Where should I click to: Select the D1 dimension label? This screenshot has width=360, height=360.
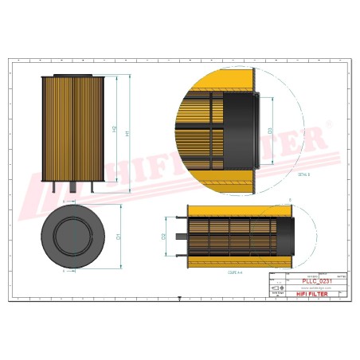tap(119, 237)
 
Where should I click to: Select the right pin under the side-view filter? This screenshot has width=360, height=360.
tap(94, 188)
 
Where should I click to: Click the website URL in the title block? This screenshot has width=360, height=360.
tap(309, 288)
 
